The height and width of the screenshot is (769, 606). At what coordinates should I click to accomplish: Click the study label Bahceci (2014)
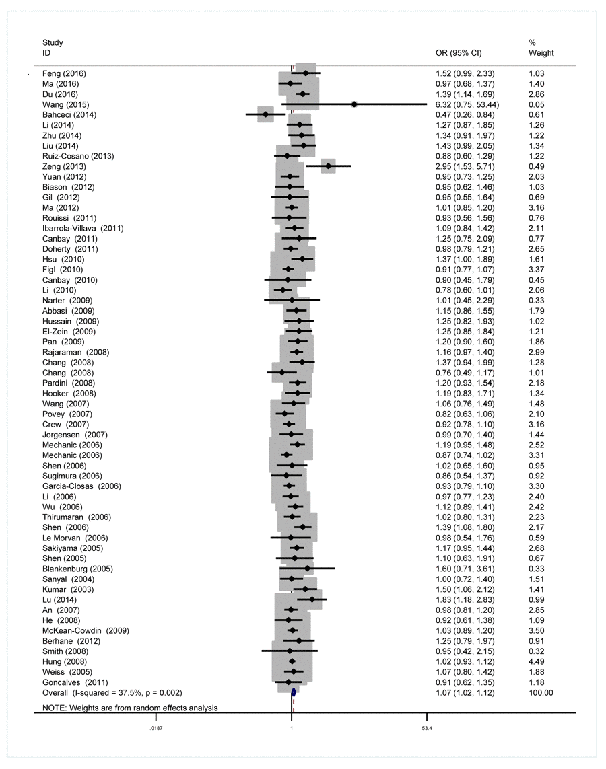(69, 115)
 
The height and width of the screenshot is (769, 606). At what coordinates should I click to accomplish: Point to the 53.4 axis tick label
(426, 729)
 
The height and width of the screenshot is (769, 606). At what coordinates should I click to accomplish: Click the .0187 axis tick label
(155, 729)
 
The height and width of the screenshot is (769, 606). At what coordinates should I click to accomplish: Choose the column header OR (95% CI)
(459, 52)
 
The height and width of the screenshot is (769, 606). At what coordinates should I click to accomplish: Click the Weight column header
(541, 52)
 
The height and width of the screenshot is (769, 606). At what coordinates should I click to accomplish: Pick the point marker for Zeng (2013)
(328, 166)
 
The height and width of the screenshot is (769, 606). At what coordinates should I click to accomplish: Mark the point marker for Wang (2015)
(354, 104)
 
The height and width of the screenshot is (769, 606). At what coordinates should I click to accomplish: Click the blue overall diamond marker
(294, 691)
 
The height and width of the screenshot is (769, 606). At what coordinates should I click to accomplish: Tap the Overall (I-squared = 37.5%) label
(112, 692)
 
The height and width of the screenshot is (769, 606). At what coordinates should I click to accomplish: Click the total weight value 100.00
(541, 692)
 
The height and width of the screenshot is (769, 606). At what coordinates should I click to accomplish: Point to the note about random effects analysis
(130, 708)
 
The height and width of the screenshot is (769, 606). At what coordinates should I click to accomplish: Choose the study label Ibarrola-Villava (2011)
(83, 228)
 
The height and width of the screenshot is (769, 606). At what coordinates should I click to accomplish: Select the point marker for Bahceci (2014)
(265, 115)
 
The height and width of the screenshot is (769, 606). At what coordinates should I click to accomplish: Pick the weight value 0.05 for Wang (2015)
(536, 104)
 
